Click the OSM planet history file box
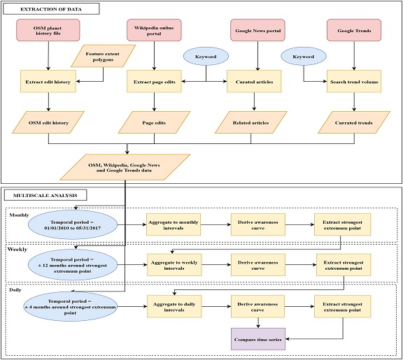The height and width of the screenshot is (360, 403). [x=48, y=30]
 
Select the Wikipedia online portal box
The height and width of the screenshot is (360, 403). [x=154, y=30]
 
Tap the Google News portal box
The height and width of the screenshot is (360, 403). [x=257, y=30]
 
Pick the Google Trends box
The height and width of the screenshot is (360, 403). [x=354, y=30]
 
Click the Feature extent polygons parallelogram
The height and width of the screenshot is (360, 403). [x=103, y=56]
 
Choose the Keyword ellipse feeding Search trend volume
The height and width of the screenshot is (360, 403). [x=303, y=57]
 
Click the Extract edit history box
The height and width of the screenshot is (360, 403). [x=48, y=82]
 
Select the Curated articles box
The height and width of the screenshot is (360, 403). [x=254, y=82]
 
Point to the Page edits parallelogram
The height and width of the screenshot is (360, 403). [x=154, y=122]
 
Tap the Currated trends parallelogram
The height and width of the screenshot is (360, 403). [x=354, y=122]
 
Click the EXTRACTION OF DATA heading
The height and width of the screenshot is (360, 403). [x=51, y=9]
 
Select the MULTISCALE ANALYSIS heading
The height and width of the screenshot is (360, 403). [x=45, y=196]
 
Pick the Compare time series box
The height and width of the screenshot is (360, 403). [x=258, y=339]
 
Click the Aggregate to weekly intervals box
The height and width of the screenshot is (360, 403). [x=174, y=265]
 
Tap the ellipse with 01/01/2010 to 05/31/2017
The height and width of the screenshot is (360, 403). [x=73, y=224]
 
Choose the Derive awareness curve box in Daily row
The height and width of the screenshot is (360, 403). [x=257, y=307]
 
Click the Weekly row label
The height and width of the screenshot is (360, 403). [x=17, y=250]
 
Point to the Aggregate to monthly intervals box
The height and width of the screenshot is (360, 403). [x=174, y=224]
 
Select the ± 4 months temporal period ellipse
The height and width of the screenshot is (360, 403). [x=70, y=307]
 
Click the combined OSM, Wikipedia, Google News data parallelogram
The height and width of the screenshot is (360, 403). [x=125, y=167]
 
